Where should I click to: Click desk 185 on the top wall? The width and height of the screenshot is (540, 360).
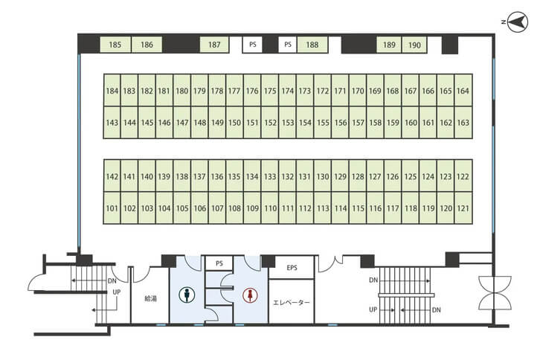tap(115, 45)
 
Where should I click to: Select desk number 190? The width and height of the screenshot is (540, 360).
tap(414, 45)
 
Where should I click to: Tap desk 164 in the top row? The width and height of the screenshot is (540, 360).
tap(463, 90)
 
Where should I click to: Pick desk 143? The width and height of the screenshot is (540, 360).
tap(112, 122)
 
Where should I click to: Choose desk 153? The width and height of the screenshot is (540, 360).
tap(288, 122)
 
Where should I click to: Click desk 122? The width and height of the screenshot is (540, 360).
tap(463, 176)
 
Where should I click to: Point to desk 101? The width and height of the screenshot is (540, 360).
tap(112, 208)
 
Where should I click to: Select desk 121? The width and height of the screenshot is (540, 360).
tap(463, 208)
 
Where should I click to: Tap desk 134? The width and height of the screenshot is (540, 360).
tap(252, 176)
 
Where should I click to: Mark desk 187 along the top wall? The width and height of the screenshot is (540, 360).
tap(214, 45)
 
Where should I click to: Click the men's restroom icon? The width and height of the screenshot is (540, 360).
tap(187, 295)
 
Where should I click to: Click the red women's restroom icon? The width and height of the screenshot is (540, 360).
tap(250, 295)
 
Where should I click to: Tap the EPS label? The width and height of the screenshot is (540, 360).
tap(292, 267)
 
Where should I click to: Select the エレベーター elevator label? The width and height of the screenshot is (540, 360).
tap(292, 303)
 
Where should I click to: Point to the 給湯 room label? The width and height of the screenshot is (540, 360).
tap(150, 298)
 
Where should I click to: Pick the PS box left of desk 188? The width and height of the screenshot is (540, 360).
tap(288, 45)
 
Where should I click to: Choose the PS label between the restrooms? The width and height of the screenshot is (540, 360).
tap(219, 263)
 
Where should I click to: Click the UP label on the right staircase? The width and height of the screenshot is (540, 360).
tap(373, 309)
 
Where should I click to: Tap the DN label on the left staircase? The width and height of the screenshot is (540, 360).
tap(112, 281)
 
